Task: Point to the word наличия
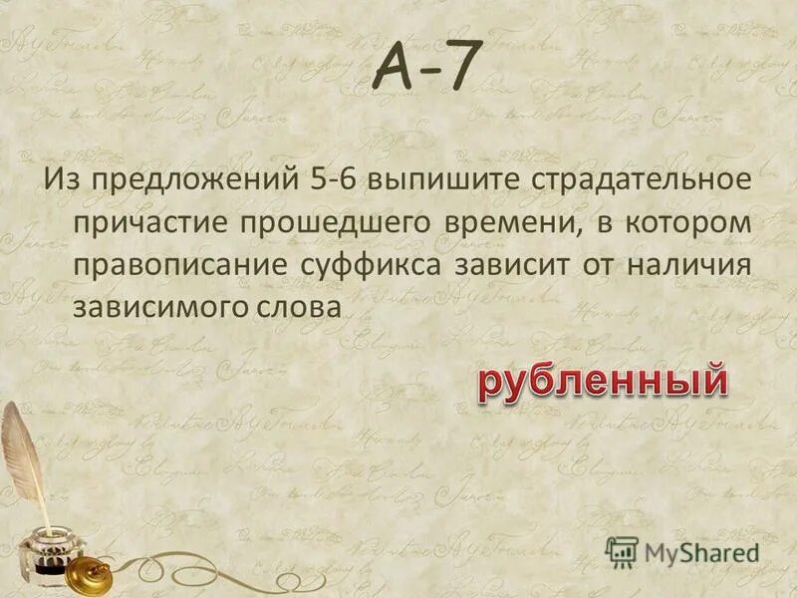click(691, 268)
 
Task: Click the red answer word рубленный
click(599, 382)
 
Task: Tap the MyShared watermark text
click(701, 551)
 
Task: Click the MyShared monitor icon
click(621, 550)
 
